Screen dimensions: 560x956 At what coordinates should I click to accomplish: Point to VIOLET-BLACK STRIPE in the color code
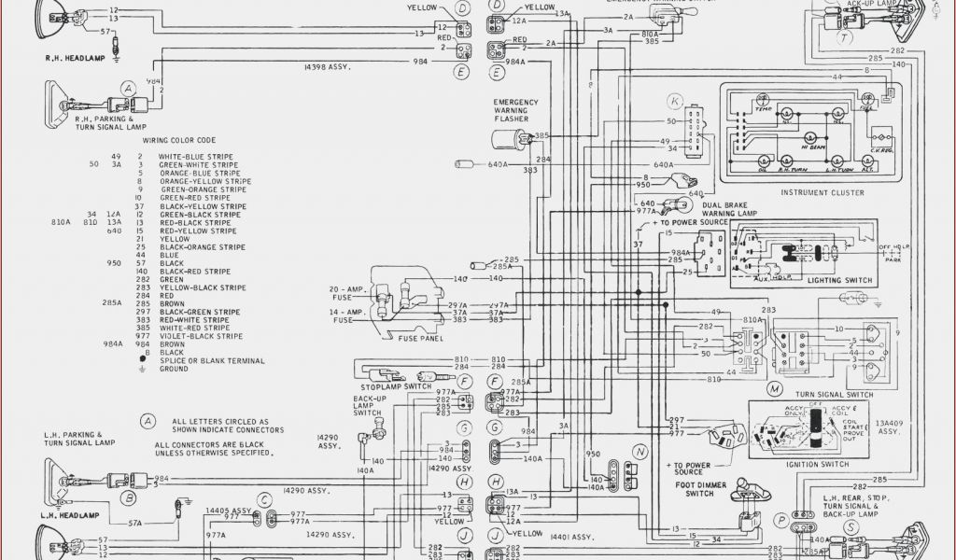201,336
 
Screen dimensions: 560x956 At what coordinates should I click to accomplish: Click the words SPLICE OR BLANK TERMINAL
212,360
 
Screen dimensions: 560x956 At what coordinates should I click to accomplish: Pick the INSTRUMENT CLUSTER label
821,192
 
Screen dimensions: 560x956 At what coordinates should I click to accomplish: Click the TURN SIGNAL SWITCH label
834,395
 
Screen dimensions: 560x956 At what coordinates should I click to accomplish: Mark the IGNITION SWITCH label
818,464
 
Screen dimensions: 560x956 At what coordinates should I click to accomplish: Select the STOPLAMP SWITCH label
396,385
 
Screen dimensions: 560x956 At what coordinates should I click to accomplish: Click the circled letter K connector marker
675,101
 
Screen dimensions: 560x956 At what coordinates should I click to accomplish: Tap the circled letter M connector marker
774,386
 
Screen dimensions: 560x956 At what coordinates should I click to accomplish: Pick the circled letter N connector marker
640,452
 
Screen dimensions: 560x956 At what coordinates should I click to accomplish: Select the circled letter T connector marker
844,38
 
